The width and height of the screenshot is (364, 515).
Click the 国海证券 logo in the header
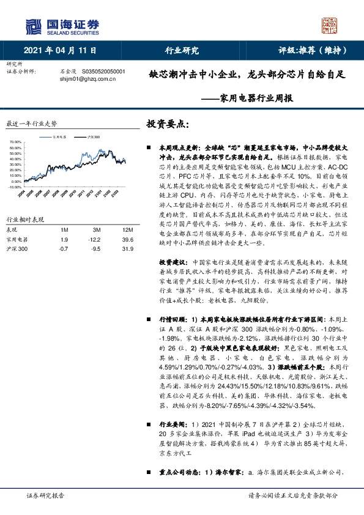[x=61, y=26]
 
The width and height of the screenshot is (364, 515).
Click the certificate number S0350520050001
[x=103, y=71]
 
